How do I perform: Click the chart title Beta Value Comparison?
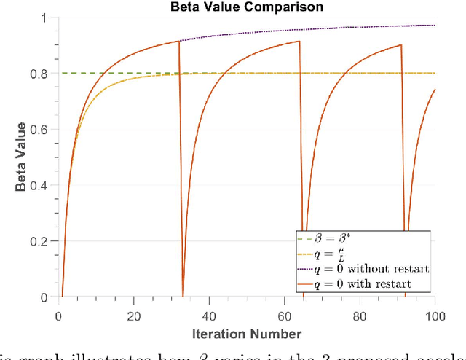pos(248,7)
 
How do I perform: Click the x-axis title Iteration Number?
pos(247,334)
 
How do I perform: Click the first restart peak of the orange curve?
pos(178,42)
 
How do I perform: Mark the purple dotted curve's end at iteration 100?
pos(435,26)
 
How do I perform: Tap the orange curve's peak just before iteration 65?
pos(299,42)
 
